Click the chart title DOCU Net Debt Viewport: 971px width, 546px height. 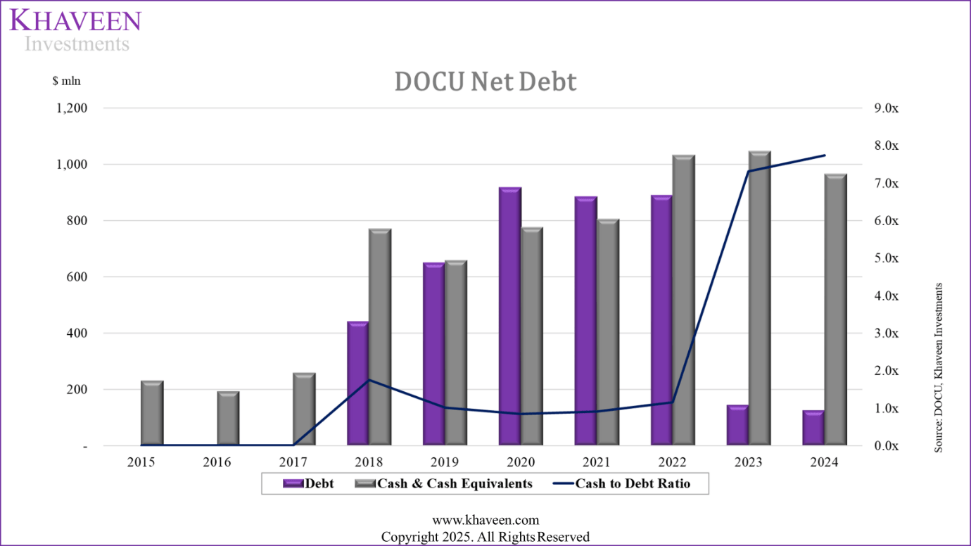(x=485, y=82)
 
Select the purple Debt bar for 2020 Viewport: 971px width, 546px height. (x=510, y=317)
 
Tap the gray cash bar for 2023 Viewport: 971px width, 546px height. (x=760, y=298)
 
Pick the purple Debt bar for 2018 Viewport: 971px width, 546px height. (x=358, y=383)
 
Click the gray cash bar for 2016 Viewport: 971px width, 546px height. (x=229, y=419)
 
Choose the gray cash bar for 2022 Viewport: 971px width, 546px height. (x=684, y=300)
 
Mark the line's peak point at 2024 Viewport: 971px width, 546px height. (x=825, y=155)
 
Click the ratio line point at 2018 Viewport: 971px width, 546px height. (x=369, y=380)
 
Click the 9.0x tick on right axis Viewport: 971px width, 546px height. (x=886, y=108)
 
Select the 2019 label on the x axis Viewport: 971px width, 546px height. (x=445, y=462)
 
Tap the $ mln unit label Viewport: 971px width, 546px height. (x=67, y=81)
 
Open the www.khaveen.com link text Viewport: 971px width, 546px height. (x=485, y=521)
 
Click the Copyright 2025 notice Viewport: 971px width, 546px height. (x=485, y=537)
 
